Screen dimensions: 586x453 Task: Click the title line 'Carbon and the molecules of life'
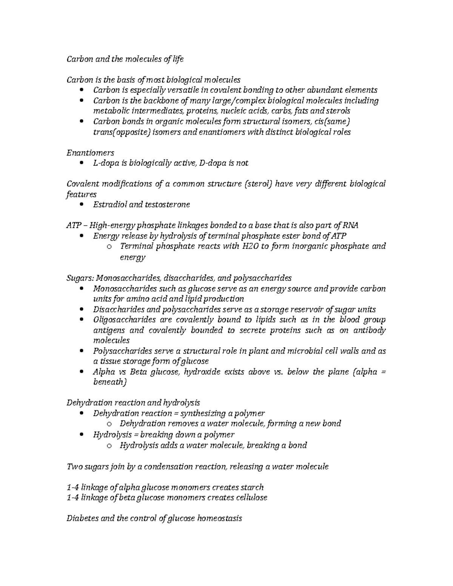point(125,59)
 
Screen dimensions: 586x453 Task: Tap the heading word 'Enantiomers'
point(90,153)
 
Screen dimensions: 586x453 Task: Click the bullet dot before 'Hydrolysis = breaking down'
point(82,435)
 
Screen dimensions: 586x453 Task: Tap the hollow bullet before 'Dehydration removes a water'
point(109,424)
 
